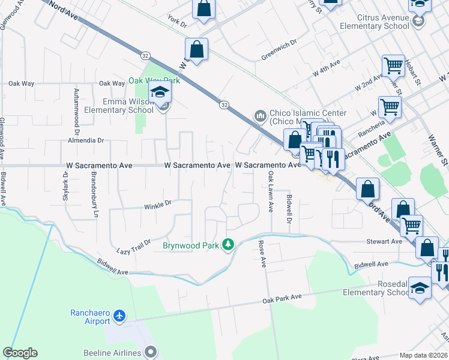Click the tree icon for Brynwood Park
point(228,245)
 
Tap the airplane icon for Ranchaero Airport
point(120,315)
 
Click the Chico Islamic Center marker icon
point(261,115)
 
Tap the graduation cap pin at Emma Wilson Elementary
point(160,93)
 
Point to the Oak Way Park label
point(154,80)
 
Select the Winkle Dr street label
point(158,206)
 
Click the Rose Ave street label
point(261,253)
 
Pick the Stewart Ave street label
point(384,241)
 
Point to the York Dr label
point(178,23)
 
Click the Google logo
point(20,353)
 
